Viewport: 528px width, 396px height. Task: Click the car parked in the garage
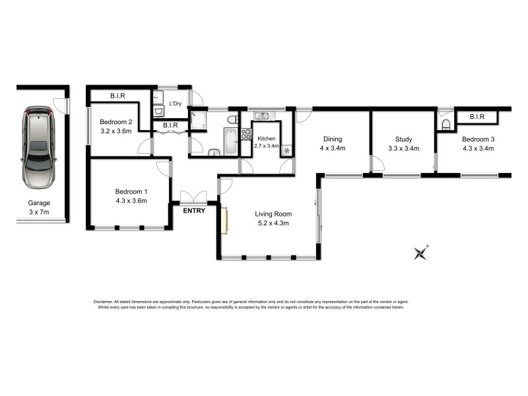point(38,147)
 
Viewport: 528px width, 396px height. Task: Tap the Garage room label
point(39,203)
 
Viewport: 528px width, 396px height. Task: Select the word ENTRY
point(194,211)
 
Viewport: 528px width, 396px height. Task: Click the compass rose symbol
point(420,253)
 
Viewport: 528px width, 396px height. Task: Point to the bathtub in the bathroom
point(230,141)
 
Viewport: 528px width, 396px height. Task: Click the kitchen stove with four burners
point(246,134)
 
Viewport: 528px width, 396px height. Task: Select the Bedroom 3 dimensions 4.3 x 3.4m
point(478,148)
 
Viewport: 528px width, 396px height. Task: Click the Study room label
point(403,139)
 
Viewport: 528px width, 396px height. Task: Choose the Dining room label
point(332,139)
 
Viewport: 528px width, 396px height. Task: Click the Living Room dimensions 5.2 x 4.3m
point(273,223)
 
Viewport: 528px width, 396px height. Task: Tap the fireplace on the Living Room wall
point(225,220)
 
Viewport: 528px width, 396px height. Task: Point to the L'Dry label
point(176,104)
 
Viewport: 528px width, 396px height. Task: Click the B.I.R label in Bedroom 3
point(477,117)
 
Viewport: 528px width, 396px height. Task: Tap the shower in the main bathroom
point(199,121)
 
